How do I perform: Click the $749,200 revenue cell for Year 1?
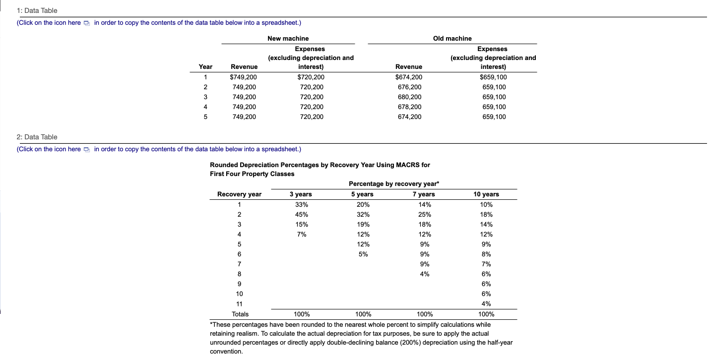pyautogui.click(x=244, y=77)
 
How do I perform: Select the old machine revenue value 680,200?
pyautogui.click(x=409, y=97)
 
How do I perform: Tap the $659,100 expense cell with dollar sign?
pyautogui.click(x=493, y=77)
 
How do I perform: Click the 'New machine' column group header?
pyautogui.click(x=288, y=38)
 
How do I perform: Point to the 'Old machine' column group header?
pyautogui.click(x=452, y=38)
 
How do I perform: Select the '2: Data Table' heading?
pyautogui.click(x=37, y=137)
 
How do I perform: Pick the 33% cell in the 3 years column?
pyautogui.click(x=301, y=204)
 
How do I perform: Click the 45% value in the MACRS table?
pyautogui.click(x=301, y=214)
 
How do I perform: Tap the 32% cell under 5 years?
pyautogui.click(x=363, y=214)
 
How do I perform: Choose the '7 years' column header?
pyautogui.click(x=424, y=194)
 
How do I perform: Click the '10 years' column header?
pyautogui.click(x=486, y=194)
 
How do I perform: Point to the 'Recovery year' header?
pyautogui.click(x=239, y=194)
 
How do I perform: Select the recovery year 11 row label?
pyautogui.click(x=239, y=303)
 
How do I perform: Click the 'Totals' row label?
pyautogui.click(x=241, y=314)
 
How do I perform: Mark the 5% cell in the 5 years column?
pyautogui.click(x=363, y=254)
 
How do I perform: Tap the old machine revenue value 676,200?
pyautogui.click(x=409, y=87)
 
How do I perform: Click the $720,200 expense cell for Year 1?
pyautogui.click(x=310, y=77)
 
